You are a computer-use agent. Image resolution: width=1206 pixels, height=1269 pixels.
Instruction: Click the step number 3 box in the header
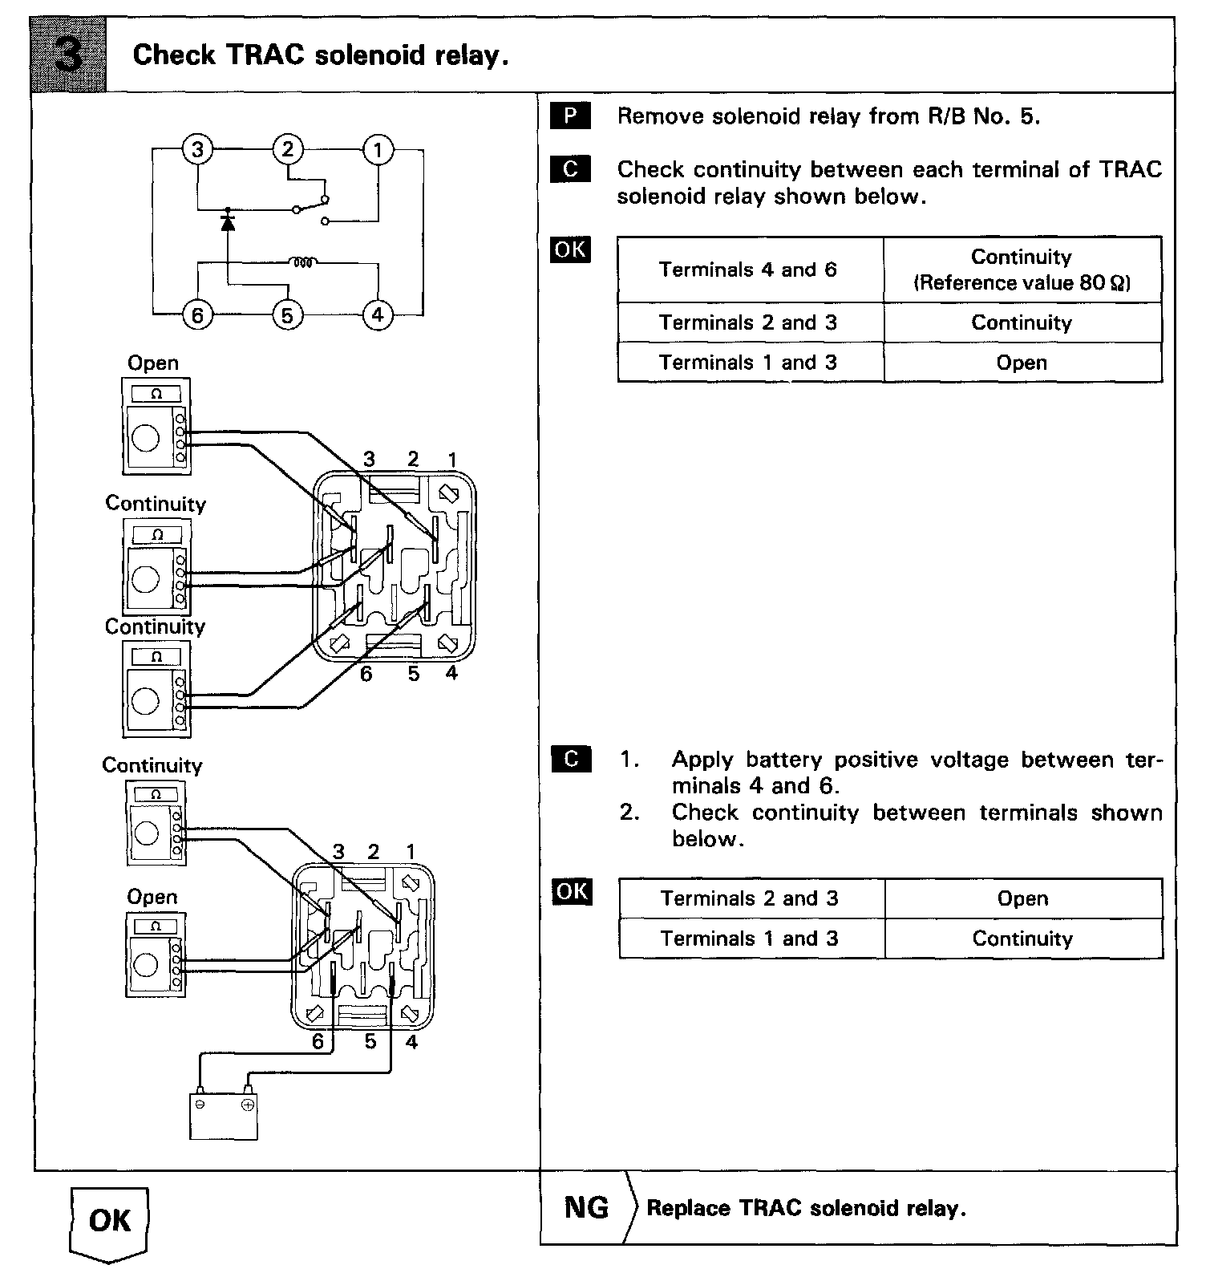tap(69, 56)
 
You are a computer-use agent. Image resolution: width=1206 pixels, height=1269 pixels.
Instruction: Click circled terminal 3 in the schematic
tap(197, 149)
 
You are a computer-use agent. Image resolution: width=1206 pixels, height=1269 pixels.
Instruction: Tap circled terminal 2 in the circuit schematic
tap(288, 149)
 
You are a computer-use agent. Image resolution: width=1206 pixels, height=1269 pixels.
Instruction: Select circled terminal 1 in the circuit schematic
tap(378, 149)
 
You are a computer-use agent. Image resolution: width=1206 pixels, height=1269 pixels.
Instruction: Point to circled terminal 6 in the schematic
tap(197, 314)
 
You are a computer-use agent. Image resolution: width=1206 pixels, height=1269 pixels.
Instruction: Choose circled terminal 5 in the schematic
tap(288, 314)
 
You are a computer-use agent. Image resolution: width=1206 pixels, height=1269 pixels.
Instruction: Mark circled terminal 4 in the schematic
tap(378, 314)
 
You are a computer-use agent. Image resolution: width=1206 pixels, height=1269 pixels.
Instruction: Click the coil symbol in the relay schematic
tap(305, 262)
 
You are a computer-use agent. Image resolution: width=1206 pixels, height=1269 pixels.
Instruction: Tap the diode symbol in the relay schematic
tap(228, 221)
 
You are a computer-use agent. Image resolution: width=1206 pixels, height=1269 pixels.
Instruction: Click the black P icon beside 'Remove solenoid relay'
tap(570, 116)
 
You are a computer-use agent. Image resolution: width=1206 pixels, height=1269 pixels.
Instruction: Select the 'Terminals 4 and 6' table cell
tap(749, 270)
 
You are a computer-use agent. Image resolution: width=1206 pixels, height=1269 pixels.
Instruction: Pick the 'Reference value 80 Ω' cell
tap(1022, 270)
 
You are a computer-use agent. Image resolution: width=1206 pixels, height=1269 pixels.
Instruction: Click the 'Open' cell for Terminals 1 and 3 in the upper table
tap(1022, 363)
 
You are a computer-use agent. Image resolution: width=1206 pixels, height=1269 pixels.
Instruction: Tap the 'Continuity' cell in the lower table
tap(1022, 939)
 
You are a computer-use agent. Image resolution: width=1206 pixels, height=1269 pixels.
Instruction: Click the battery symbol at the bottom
tap(224, 1115)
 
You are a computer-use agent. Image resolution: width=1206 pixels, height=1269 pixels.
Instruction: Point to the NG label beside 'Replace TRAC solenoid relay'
tap(586, 1207)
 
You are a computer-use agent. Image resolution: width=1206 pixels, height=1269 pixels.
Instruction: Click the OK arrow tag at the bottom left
tap(110, 1222)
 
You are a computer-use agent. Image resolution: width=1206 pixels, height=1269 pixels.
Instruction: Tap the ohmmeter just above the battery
tap(156, 955)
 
